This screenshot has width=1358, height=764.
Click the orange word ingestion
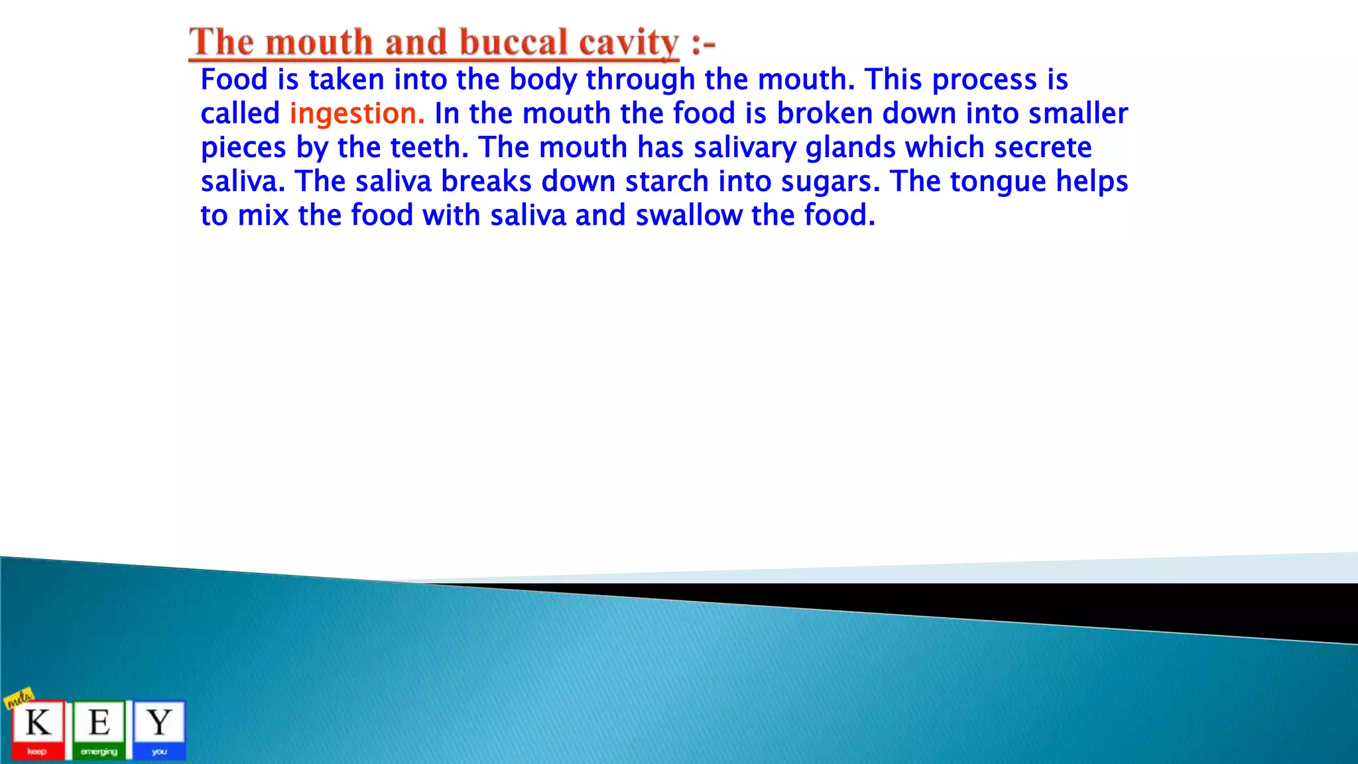pyautogui.click(x=357, y=114)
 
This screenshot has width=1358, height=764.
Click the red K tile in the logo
pyautogui.click(x=38, y=729)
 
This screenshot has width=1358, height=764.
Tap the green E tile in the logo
pyautogui.click(x=99, y=729)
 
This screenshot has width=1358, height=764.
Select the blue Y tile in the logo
pyautogui.click(x=159, y=729)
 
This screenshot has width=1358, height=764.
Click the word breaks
pyautogui.click(x=486, y=182)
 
